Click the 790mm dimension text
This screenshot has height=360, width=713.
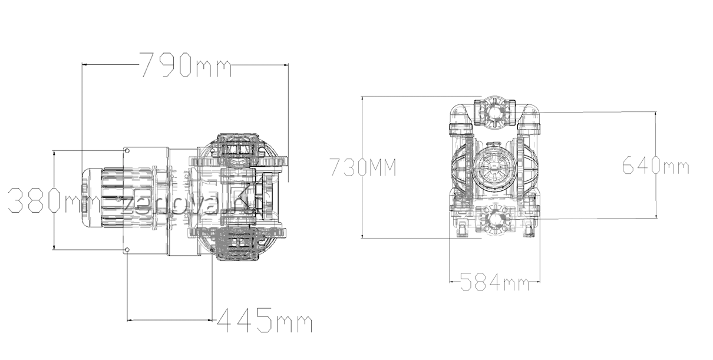tap(184, 64)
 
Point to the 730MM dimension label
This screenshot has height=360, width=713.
tap(362, 168)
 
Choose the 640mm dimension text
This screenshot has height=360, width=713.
tap(655, 166)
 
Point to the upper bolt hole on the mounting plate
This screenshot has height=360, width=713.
tap(127, 151)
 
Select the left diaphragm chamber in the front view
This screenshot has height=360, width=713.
tap(462, 167)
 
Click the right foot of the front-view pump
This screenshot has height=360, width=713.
tap(530, 229)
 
